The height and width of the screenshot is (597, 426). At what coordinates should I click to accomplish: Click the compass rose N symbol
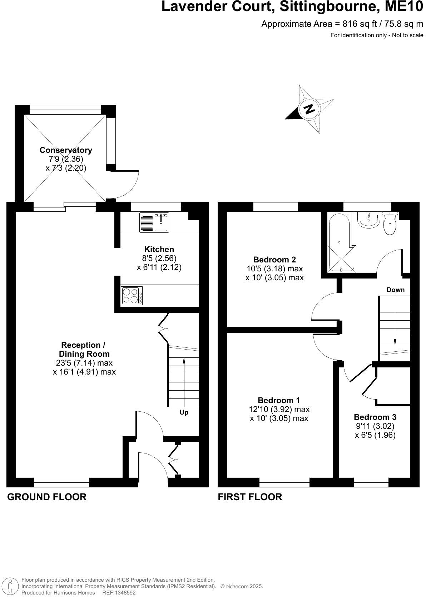(309, 109)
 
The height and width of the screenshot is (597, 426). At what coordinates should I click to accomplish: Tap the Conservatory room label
(66, 150)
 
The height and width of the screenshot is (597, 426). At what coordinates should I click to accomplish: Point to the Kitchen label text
(159, 249)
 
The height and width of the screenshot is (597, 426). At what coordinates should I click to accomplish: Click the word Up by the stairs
(184, 412)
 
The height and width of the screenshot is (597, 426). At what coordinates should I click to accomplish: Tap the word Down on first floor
(395, 290)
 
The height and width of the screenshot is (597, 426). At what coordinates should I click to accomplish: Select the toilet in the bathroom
(390, 224)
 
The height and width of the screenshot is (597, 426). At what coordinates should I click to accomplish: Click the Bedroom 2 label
(274, 260)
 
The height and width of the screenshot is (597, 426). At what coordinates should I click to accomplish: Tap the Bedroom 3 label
(375, 417)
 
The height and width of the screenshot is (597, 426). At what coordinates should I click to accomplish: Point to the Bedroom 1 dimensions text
(279, 414)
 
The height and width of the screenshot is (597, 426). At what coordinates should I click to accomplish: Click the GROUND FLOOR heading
(47, 497)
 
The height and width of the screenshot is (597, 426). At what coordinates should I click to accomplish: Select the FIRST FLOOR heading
(250, 497)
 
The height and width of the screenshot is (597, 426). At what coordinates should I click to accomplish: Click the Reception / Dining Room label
(83, 350)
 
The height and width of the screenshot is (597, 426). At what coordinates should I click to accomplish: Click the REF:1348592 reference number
(119, 593)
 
